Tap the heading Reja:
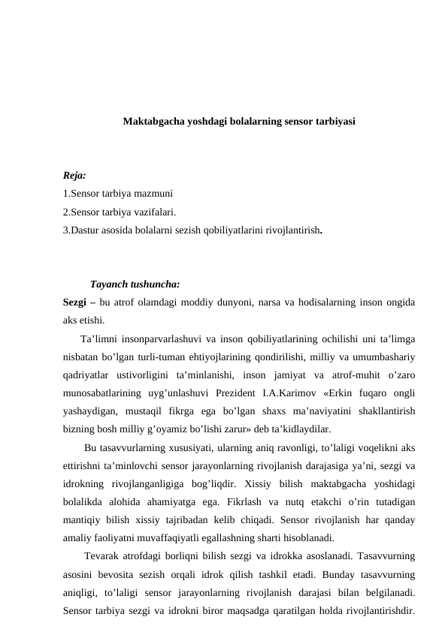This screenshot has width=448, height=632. (x=75, y=176)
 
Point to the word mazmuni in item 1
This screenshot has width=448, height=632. (x=156, y=194)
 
